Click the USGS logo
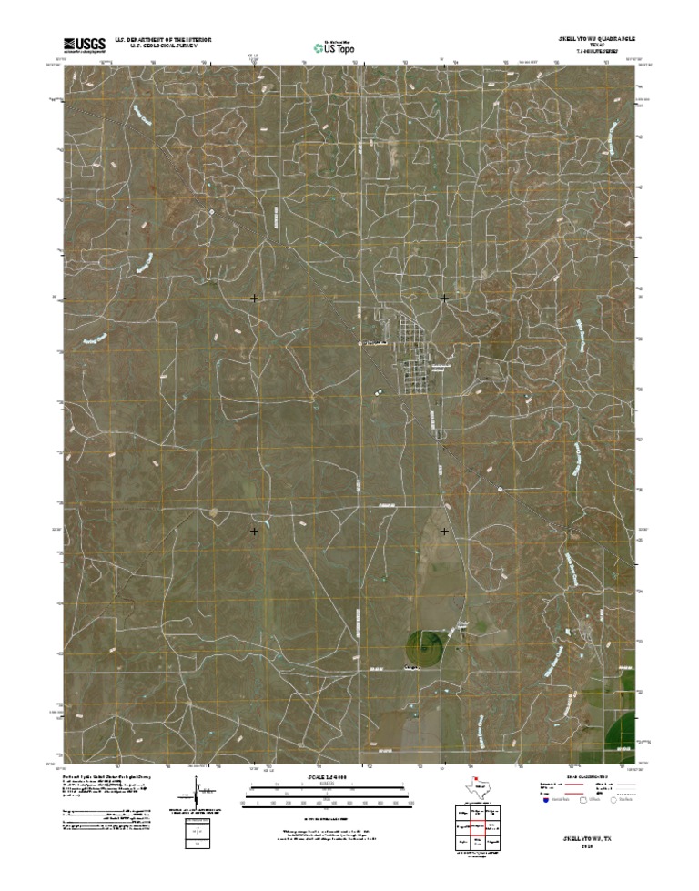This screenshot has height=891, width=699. pyautogui.click(x=84, y=43)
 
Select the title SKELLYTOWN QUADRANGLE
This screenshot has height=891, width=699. pyautogui.click(x=591, y=40)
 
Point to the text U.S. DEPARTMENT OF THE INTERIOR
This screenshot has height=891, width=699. pyautogui.click(x=163, y=40)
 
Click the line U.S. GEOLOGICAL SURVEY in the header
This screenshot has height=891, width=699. pyautogui.click(x=163, y=46)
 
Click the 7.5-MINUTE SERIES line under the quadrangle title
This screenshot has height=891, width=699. pyautogui.click(x=591, y=53)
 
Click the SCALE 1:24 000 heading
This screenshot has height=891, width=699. pyautogui.click(x=322, y=778)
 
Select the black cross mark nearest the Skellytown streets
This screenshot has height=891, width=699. pyautogui.click(x=444, y=299)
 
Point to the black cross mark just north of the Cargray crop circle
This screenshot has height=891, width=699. pyautogui.click(x=444, y=531)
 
